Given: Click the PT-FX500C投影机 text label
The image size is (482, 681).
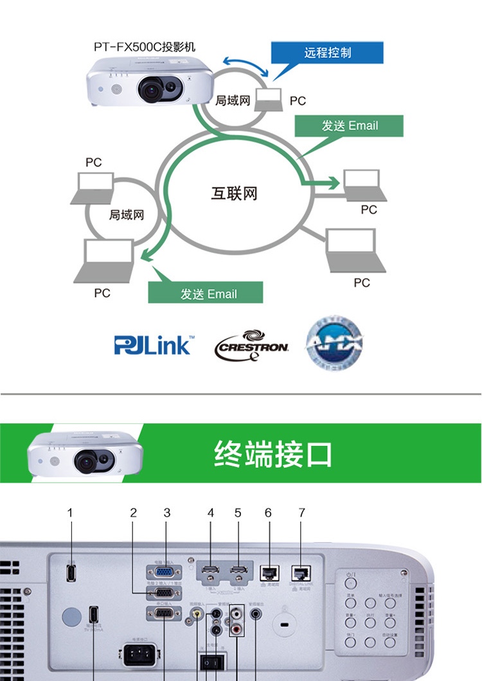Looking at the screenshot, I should (144, 48).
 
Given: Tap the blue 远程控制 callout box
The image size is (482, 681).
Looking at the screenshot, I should (328, 53).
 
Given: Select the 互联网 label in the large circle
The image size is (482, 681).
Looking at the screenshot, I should (234, 193).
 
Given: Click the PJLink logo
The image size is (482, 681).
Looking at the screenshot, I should (153, 345).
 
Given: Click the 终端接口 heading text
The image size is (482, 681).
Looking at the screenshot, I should (273, 454).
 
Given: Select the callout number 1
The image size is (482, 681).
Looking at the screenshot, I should (70, 513).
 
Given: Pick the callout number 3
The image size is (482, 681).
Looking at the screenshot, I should (166, 513).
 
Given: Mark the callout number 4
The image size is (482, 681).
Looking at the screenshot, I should (211, 513).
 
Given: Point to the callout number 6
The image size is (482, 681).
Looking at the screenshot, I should (268, 513).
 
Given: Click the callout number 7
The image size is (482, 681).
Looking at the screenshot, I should (301, 513).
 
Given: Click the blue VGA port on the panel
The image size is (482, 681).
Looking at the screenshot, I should (165, 571).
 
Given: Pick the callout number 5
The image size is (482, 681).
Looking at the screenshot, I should (238, 513).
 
